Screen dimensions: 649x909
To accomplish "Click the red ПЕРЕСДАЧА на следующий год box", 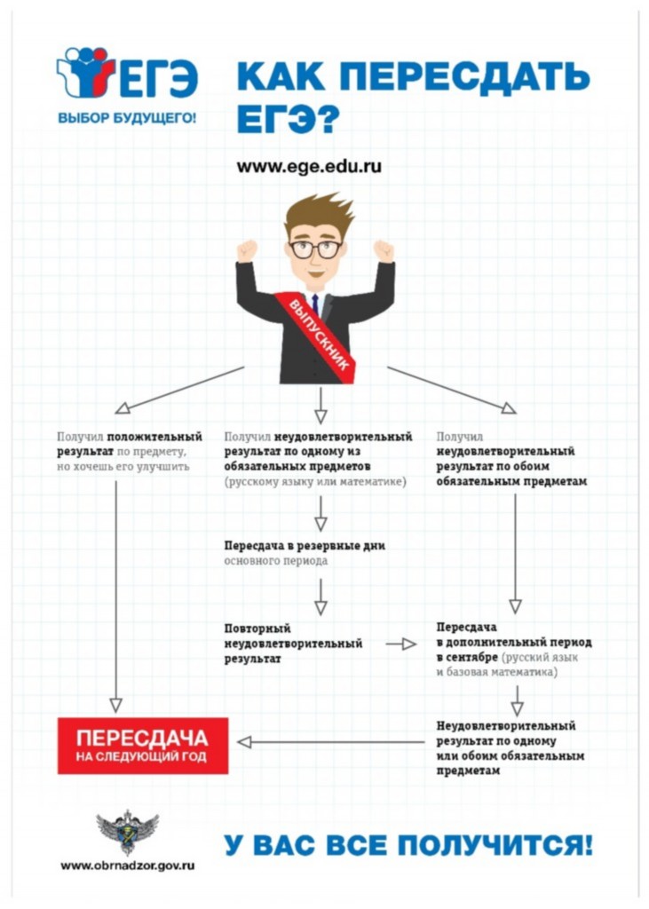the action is [143, 746].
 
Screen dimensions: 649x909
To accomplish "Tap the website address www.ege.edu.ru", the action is [309, 166].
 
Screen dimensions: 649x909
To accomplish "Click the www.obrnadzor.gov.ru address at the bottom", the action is [128, 866].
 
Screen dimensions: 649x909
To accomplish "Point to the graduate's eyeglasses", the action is [315, 249].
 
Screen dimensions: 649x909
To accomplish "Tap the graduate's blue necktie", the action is [315, 305].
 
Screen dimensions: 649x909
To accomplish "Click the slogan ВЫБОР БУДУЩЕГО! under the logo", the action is [127, 118].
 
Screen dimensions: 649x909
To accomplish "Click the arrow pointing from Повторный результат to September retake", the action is [401, 644].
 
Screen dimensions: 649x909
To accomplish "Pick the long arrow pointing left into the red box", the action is [331, 742].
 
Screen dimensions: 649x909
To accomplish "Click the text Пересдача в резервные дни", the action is [305, 546].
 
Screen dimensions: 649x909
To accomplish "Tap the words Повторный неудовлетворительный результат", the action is [294, 644].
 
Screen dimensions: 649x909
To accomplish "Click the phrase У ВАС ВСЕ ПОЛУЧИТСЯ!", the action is [408, 845].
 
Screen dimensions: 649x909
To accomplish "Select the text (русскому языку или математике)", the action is [315, 482].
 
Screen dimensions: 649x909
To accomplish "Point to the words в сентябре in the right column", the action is [467, 658].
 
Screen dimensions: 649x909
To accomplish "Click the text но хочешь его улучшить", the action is [123, 467].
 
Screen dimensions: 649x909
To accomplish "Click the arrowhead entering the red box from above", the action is [116, 705].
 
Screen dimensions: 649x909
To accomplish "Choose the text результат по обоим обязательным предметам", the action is [511, 474].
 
